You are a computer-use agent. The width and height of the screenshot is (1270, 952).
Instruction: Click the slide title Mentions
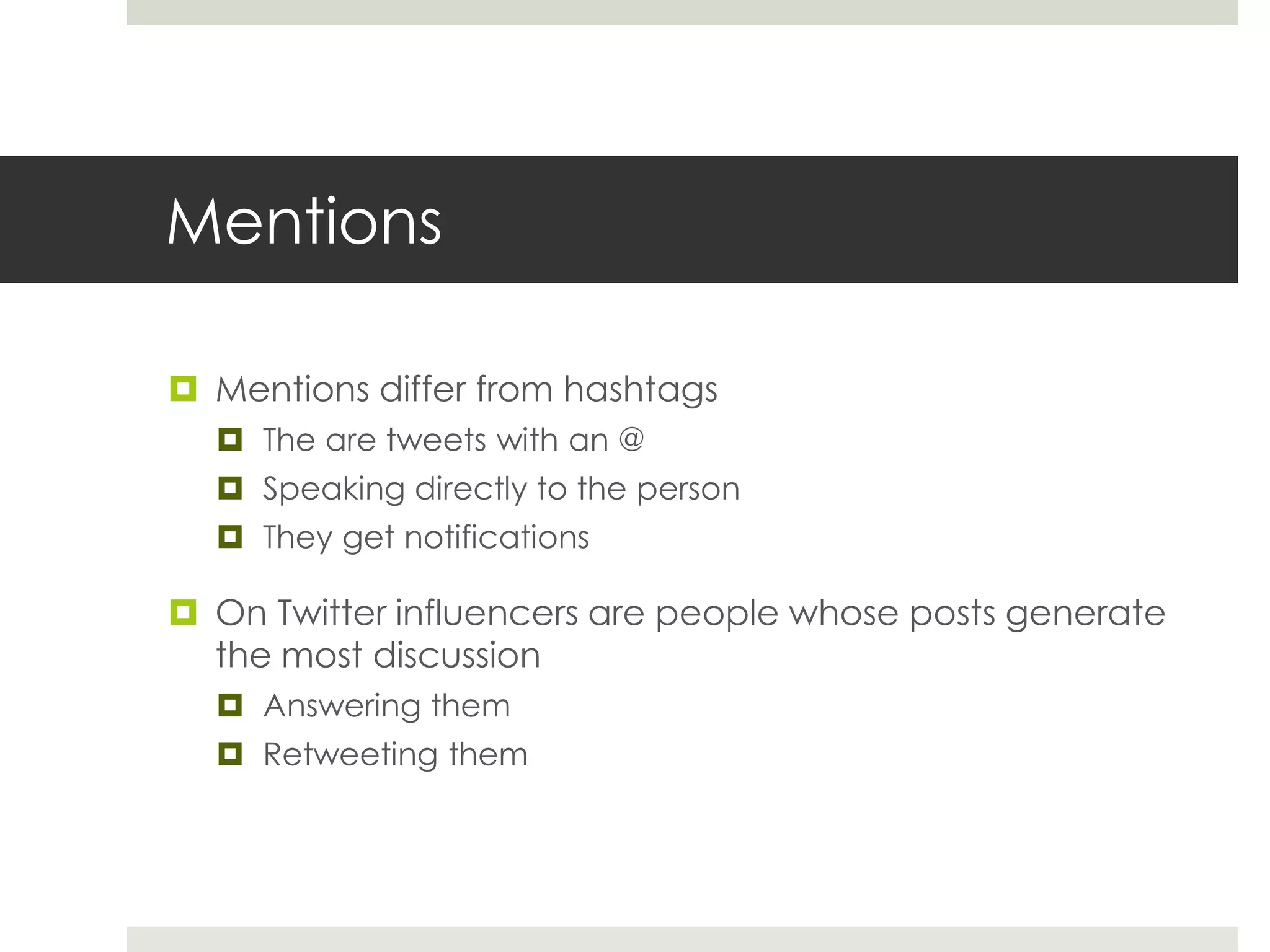(x=304, y=221)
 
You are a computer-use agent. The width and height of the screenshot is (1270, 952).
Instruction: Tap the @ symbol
(x=631, y=439)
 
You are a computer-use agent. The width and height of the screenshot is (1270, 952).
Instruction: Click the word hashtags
(x=640, y=390)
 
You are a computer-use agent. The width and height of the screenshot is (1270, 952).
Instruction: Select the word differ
(x=422, y=389)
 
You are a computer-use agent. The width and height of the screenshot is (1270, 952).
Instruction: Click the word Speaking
(x=334, y=489)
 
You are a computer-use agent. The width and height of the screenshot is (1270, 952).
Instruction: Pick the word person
(x=688, y=490)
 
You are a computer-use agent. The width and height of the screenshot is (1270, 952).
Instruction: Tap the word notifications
(x=496, y=537)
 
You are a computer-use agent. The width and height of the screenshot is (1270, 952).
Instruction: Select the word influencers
(x=487, y=613)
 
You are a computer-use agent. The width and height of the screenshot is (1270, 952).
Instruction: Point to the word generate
(x=1085, y=614)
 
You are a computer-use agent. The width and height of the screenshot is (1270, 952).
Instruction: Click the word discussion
(x=456, y=656)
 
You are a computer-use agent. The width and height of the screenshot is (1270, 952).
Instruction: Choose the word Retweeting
(x=350, y=755)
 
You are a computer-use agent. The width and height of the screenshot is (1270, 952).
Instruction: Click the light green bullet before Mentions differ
(x=183, y=389)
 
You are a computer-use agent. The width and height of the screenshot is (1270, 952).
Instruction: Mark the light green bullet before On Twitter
(x=183, y=612)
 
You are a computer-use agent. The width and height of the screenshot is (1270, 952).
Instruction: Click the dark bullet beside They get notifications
(x=230, y=536)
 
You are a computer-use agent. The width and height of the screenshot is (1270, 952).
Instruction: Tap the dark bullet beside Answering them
(x=230, y=705)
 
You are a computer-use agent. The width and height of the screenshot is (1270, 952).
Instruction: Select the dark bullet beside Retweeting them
(x=230, y=754)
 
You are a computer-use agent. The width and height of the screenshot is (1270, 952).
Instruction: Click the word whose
(x=843, y=613)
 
